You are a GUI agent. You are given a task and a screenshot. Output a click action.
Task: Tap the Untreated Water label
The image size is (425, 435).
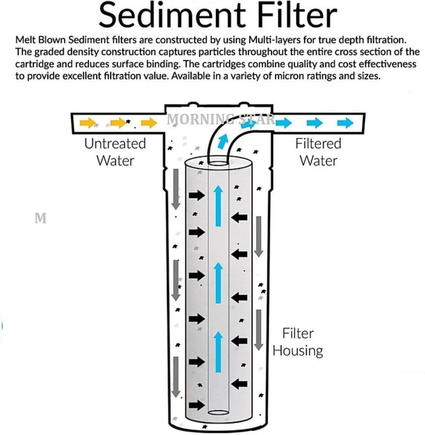[x=115, y=152]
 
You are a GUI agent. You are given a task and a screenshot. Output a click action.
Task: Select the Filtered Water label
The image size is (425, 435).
[x=318, y=152]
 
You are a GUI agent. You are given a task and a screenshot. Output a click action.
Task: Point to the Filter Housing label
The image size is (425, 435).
[x=297, y=342]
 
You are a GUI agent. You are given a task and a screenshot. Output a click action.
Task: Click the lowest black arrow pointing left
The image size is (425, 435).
[x=239, y=383]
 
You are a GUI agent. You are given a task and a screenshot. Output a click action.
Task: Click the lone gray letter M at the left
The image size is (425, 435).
[x=39, y=219]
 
